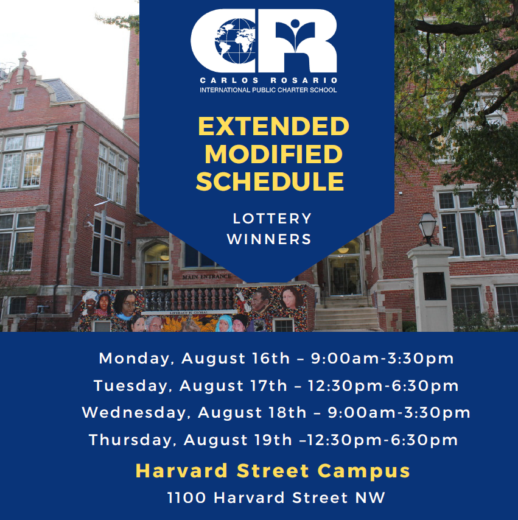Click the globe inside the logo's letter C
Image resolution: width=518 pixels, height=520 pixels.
[235, 41]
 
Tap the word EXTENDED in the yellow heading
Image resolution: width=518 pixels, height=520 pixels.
[273, 127]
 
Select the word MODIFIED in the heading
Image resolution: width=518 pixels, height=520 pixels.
[273, 154]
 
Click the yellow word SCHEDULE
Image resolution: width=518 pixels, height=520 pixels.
[270, 181]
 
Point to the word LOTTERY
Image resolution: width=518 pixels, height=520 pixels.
[272, 219]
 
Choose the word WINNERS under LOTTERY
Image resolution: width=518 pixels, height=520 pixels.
[269, 239]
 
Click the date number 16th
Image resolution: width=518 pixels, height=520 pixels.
[271, 359]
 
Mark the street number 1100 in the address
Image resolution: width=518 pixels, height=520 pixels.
[186, 498]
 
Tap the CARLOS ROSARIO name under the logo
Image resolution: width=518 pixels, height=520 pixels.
[268, 80]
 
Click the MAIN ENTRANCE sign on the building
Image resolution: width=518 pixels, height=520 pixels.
[206, 276]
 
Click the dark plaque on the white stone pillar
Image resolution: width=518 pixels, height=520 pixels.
[435, 286]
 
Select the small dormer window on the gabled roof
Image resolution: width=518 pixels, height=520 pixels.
[19, 101]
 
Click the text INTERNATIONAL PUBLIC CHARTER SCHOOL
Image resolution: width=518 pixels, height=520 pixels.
[268, 90]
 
